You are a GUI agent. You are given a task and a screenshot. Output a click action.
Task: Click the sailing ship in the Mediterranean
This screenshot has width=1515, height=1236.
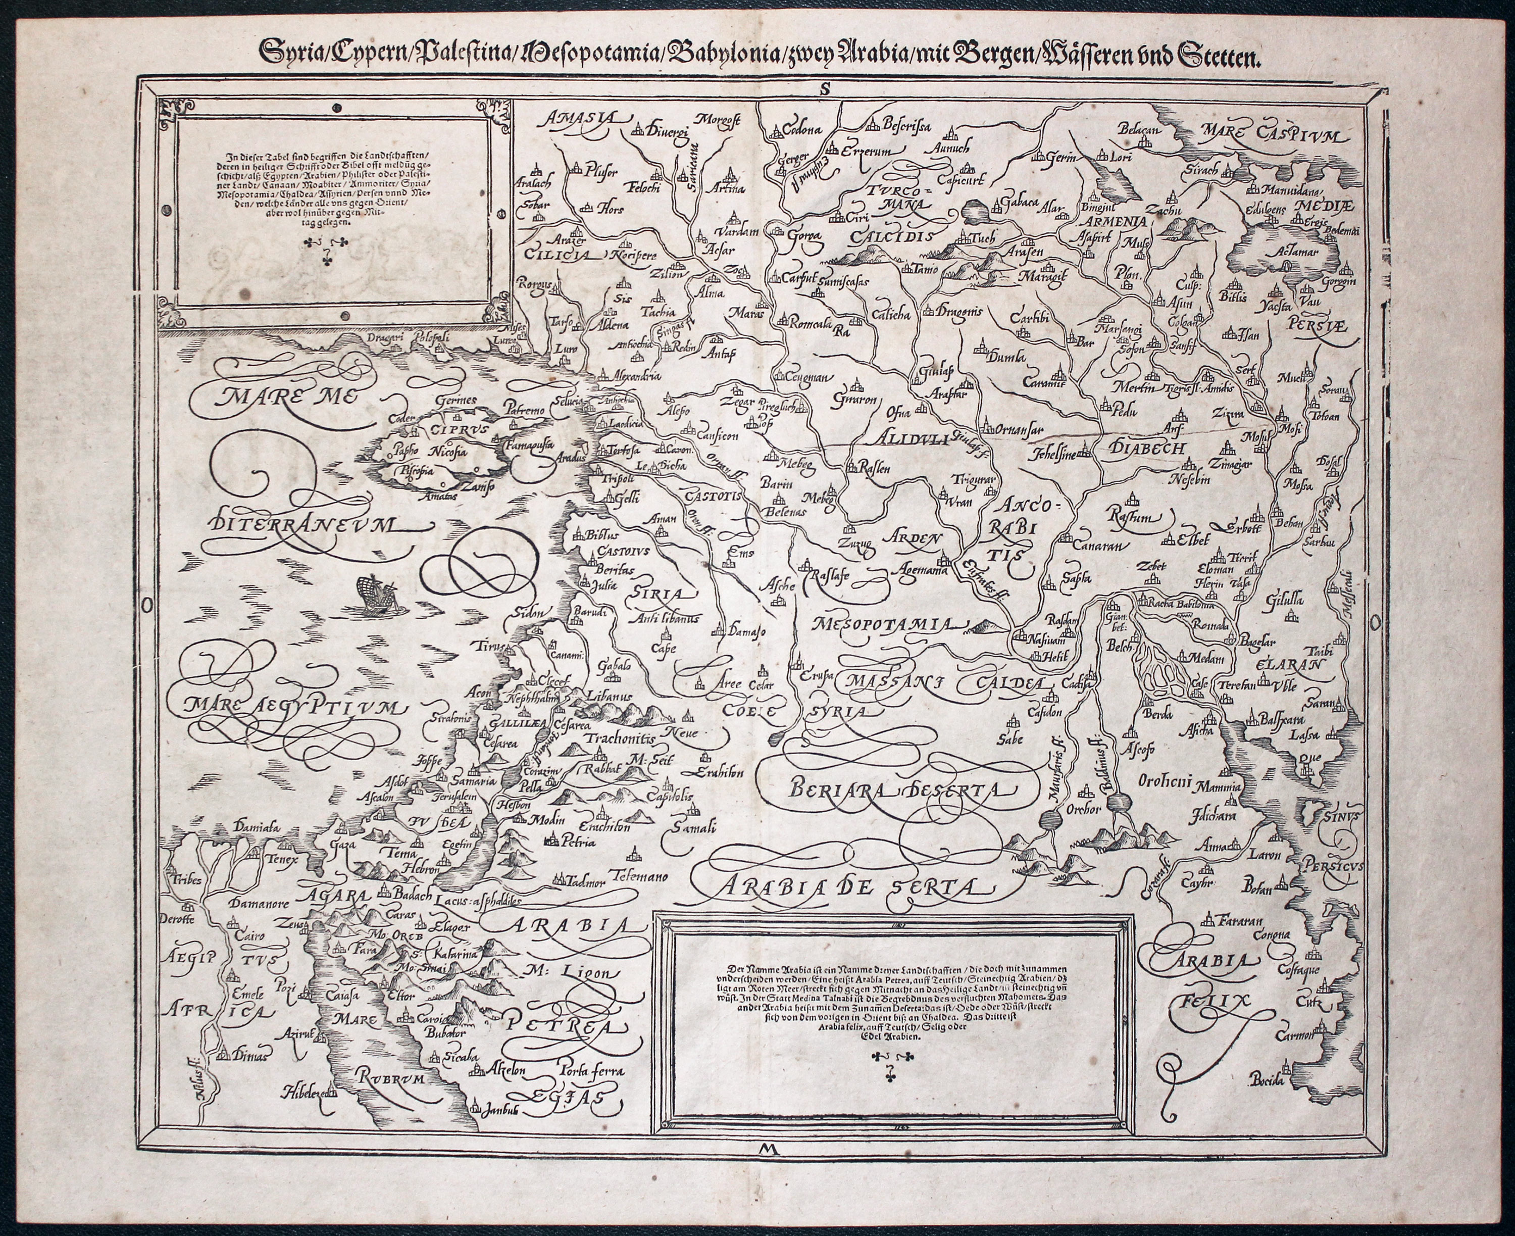pyautogui.click(x=377, y=591)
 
